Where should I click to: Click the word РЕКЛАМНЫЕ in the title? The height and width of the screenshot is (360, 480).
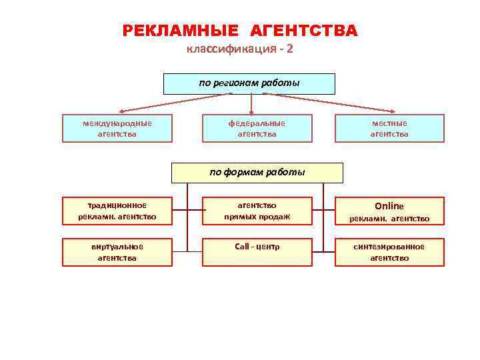[181, 31]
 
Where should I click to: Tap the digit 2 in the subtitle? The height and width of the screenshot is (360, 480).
[289, 50]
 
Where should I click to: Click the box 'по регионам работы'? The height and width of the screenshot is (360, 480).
[249, 84]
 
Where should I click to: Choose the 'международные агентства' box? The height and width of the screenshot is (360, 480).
[117, 129]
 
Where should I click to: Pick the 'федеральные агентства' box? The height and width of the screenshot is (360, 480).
[257, 129]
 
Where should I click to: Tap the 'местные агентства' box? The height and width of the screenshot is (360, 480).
[389, 129]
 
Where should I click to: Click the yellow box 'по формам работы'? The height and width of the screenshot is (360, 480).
[257, 173]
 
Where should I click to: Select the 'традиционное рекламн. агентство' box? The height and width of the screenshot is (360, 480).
[117, 211]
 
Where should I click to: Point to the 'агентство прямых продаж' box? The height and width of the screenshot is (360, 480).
[257, 211]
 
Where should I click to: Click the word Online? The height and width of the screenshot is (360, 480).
[389, 206]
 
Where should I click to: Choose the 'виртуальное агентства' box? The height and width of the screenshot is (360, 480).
[117, 252]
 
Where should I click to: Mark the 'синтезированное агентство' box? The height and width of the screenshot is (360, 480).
[389, 252]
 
